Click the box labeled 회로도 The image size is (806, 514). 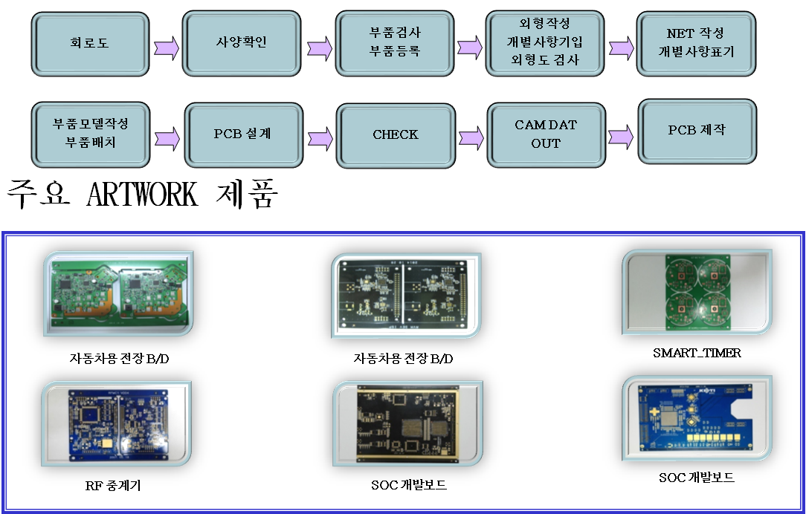coord(90,44)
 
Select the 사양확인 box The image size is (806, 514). coord(242,44)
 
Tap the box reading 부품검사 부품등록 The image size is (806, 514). coord(395,44)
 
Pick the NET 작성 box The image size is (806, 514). coord(696,44)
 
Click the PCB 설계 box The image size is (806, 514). coord(244,135)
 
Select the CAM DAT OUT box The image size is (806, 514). coord(546,135)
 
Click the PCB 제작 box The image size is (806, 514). coord(697,131)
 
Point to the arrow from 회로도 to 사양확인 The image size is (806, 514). coord(167,48)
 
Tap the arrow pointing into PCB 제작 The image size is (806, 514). coord(621,137)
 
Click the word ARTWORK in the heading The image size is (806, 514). coord(142,194)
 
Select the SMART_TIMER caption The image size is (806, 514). coord(697,353)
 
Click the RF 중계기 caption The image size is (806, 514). coord(113,485)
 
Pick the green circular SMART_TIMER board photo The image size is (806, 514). coord(697,292)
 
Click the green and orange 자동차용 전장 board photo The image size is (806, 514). coord(118,293)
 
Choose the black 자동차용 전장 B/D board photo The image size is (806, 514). coord(406,296)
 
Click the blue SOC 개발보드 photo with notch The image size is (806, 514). coord(697,418)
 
